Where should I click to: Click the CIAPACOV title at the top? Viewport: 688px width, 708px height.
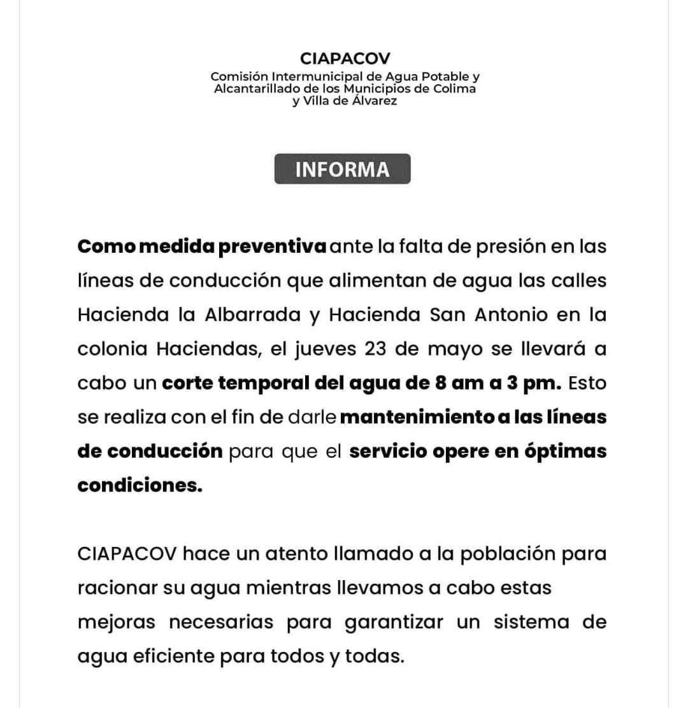coord(345,59)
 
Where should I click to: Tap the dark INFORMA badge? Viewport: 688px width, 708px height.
coord(342,169)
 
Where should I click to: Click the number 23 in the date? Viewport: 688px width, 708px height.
coord(378,349)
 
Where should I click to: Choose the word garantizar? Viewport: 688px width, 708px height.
coord(394,622)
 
